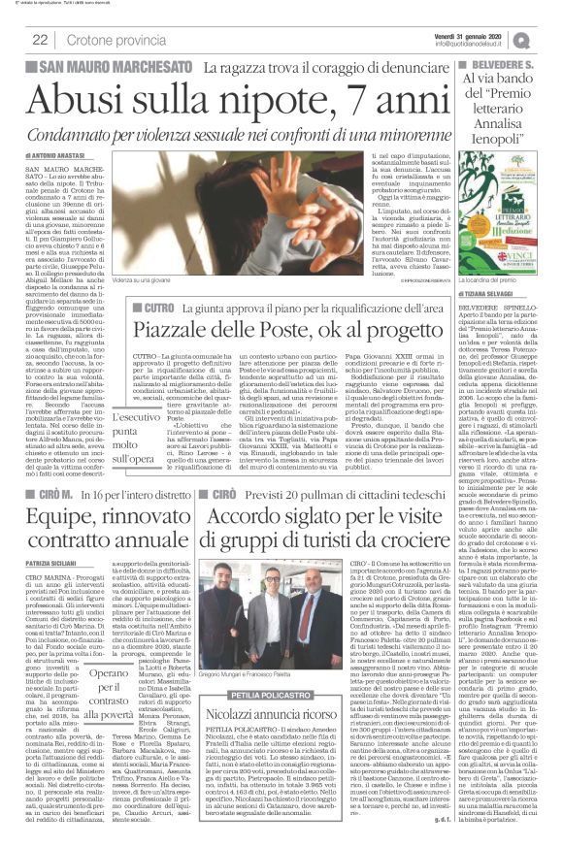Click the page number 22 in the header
point(41,40)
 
